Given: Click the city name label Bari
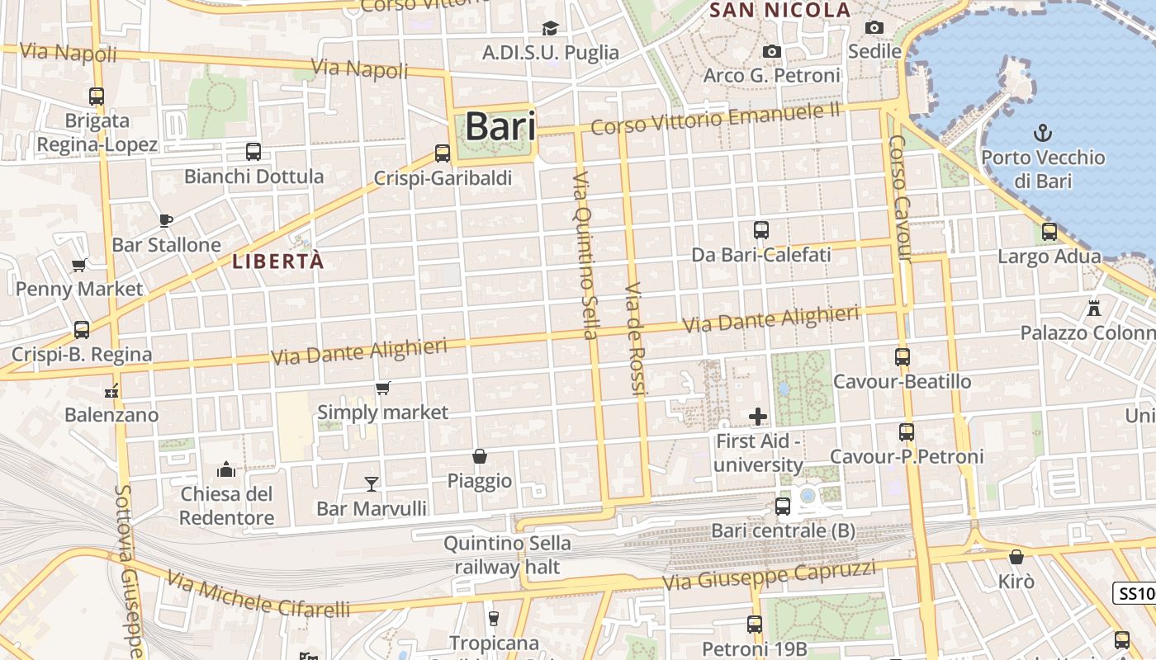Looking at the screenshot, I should pyautogui.click(x=500, y=127).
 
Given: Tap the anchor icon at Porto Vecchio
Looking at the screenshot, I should pyautogui.click(x=1043, y=132).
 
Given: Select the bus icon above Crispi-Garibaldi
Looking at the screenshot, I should pyautogui.click(x=443, y=153).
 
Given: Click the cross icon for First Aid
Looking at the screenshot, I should pyautogui.click(x=757, y=417).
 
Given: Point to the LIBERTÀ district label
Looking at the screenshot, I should pyautogui.click(x=278, y=262).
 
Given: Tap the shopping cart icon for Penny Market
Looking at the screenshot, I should pyautogui.click(x=79, y=265).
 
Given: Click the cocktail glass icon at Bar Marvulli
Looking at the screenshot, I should pyautogui.click(x=372, y=483).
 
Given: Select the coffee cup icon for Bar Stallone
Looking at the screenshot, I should pyautogui.click(x=166, y=220).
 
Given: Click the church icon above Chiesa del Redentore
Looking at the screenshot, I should pyautogui.click(x=226, y=470).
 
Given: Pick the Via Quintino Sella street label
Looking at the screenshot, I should pyautogui.click(x=585, y=256).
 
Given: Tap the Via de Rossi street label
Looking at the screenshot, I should pyautogui.click(x=633, y=339).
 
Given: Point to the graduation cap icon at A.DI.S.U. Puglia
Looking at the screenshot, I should pyautogui.click(x=550, y=29).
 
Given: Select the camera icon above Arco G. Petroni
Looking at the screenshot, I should pyautogui.click(x=771, y=51).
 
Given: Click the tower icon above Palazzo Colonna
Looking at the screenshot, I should pyautogui.click(x=1094, y=309).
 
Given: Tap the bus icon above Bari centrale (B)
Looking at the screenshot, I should pyautogui.click(x=782, y=506).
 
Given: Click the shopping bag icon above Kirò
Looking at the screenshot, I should pyautogui.click(x=1016, y=558).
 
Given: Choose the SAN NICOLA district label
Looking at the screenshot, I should pyautogui.click(x=779, y=10).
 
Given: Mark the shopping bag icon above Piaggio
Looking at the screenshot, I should pyautogui.click(x=479, y=456).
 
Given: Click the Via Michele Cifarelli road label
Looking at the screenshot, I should pyautogui.click(x=258, y=594).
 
